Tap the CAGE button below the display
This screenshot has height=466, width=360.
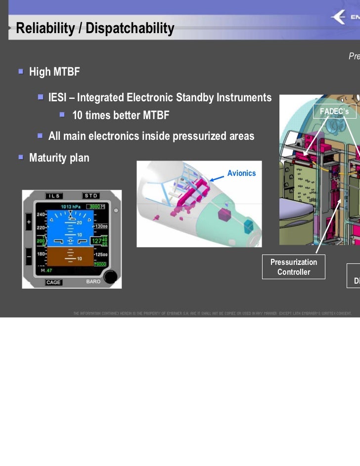53,282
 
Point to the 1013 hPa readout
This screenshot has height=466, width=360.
69,206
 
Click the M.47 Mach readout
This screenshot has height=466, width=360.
46,271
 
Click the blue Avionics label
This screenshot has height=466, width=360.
241,173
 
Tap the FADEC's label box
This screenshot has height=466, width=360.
334,112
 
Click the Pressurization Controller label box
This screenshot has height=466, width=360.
294,267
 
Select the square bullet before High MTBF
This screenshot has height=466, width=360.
21,72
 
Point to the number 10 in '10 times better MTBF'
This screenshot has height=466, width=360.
78,116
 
